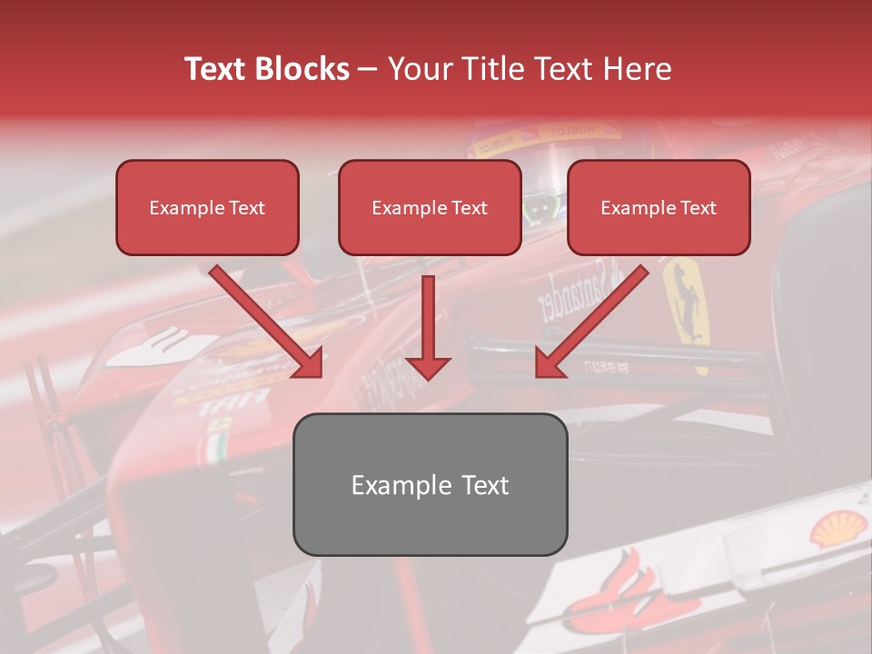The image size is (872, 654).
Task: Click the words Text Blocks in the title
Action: point(266,69)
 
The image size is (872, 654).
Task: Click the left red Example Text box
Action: point(207,208)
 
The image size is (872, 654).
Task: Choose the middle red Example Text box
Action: point(430,208)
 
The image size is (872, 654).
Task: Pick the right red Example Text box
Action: point(659,208)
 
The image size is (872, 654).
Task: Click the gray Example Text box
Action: point(430,484)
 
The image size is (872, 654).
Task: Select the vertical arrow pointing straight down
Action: point(428,327)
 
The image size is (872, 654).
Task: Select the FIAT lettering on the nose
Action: point(234,401)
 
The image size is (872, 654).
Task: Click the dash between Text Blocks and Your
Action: point(368,69)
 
